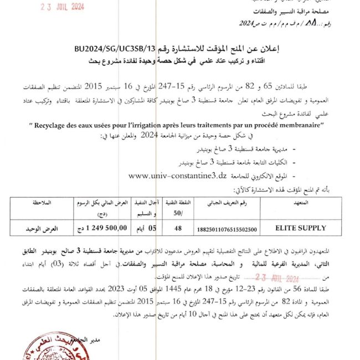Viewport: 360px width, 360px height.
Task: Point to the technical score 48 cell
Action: click(x=178, y=227)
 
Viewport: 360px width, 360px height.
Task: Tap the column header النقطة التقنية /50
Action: click(x=178, y=208)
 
